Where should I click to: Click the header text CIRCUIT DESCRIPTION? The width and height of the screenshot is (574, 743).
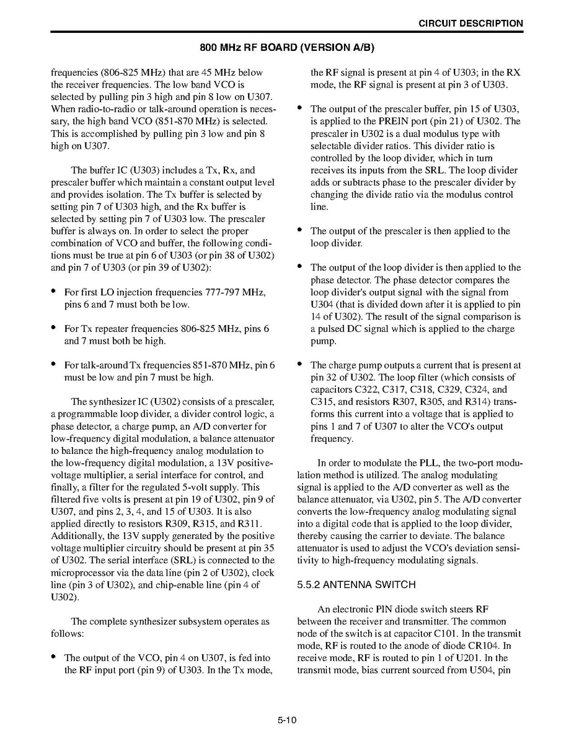point(470,24)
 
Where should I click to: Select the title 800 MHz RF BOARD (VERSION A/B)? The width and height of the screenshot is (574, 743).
point(287,48)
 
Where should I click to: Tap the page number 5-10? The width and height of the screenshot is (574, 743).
point(287,720)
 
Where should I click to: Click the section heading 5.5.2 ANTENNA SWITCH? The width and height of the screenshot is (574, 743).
point(356,585)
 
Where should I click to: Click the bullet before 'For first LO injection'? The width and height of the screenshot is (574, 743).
point(55,291)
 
